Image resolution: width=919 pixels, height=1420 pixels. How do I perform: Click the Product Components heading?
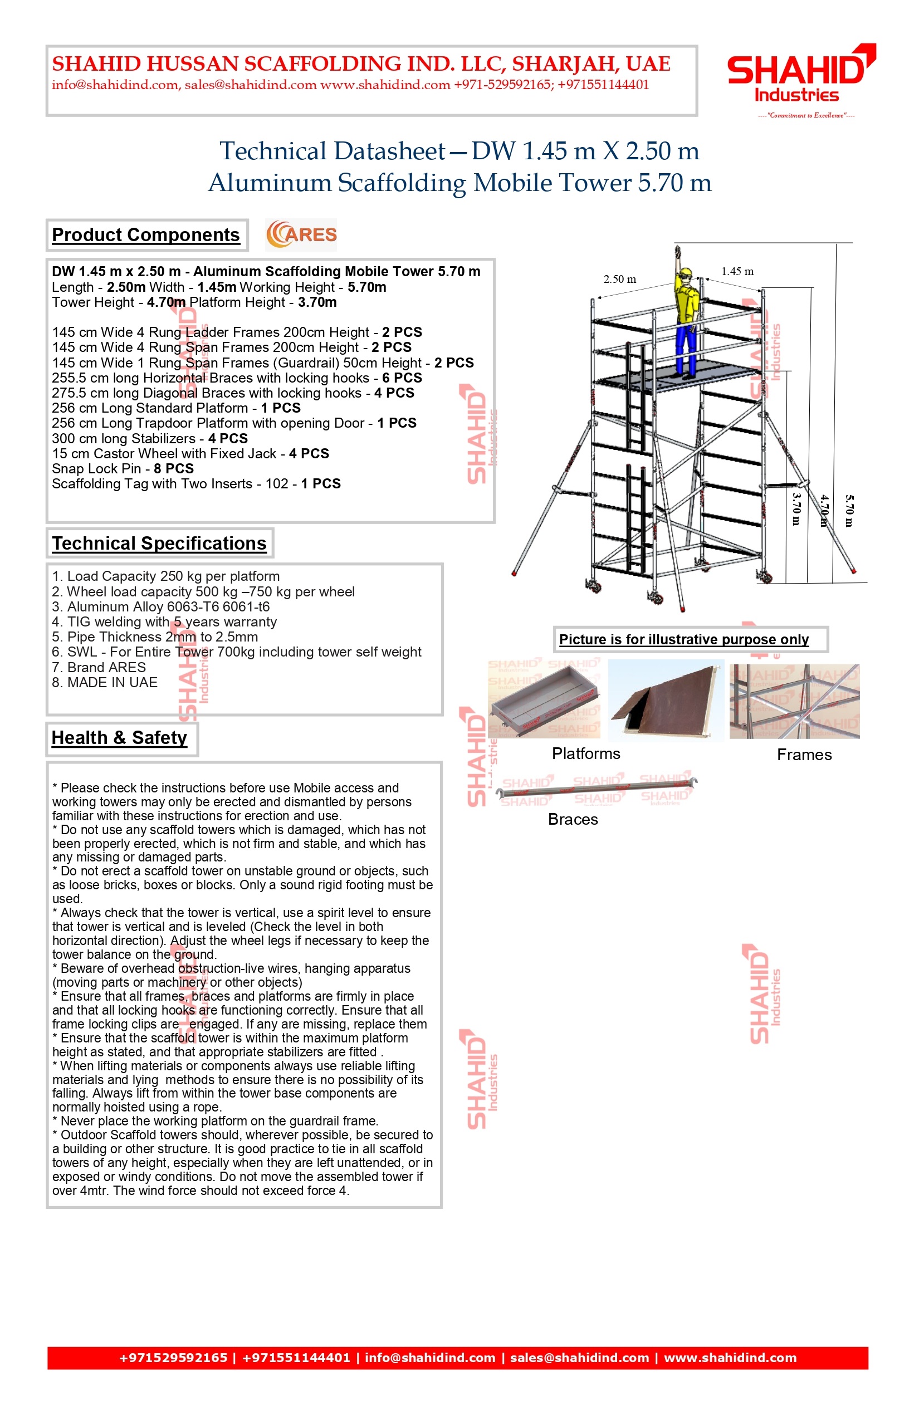coord(145,234)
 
